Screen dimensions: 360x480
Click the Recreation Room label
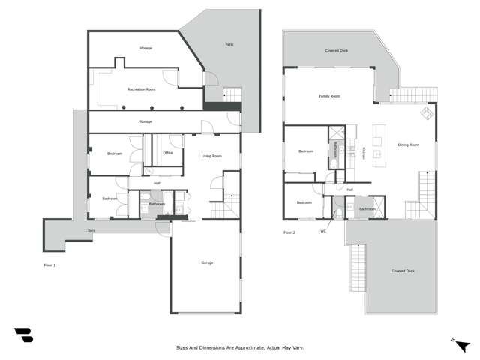point(141,89)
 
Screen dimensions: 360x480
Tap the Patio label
point(229,44)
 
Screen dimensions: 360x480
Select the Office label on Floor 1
point(168,153)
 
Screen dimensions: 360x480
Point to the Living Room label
point(211,156)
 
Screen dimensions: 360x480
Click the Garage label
point(207,262)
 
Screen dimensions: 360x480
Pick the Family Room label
point(330,96)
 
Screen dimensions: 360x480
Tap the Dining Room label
point(409,145)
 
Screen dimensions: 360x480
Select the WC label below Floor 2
point(324,231)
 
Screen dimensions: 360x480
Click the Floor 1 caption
point(49,265)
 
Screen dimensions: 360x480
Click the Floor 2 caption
point(289,233)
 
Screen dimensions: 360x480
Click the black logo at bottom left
point(23,335)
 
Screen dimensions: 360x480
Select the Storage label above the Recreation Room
point(145,48)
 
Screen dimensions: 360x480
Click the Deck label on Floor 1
point(91,230)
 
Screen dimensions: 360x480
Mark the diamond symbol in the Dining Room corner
point(426,114)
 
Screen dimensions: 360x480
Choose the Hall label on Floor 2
point(349,190)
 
